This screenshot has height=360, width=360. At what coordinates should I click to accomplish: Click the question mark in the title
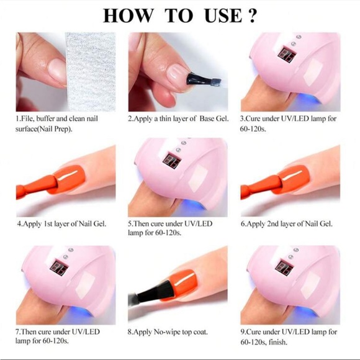251,16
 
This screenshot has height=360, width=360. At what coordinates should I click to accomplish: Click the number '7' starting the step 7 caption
19,333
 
